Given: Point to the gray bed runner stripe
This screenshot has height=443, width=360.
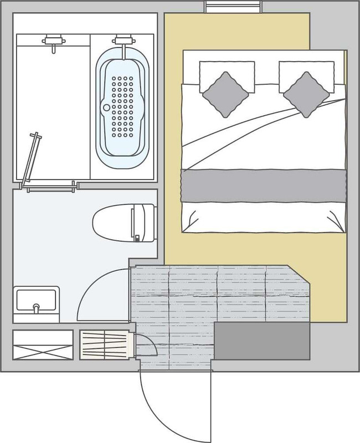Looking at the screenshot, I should [264, 187].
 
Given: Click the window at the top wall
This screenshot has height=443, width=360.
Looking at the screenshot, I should [232, 7].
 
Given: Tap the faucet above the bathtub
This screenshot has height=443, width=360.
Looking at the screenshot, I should [122, 42].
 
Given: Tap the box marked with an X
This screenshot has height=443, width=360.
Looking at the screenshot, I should [43, 345].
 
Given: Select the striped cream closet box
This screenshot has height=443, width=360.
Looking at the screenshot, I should [104, 344].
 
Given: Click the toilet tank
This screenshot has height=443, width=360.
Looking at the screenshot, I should [142, 222].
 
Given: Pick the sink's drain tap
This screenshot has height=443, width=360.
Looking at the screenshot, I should [37, 306].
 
